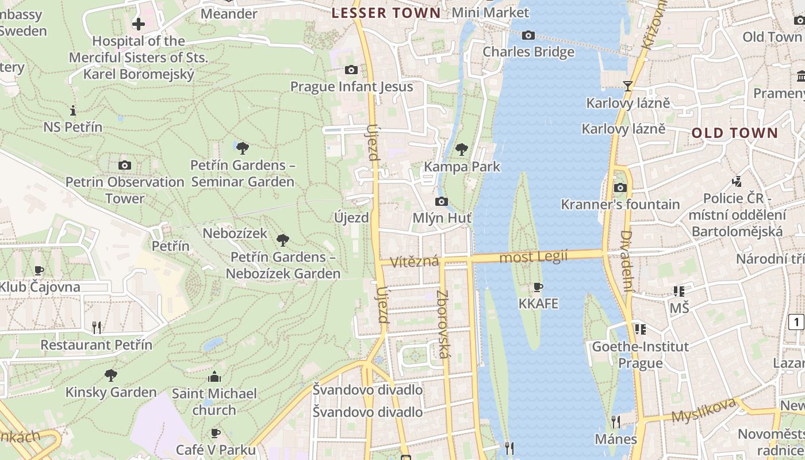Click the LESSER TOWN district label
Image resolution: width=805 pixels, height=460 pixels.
coord(386,13)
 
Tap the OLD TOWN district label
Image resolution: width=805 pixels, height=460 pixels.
coord(734,133)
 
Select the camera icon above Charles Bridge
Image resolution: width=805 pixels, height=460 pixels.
coord(528,36)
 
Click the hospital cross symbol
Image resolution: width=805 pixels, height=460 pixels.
coord(139,24)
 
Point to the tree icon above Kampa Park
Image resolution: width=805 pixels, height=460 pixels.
coord(461,149)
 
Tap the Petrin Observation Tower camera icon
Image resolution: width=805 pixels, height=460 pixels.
coord(124,166)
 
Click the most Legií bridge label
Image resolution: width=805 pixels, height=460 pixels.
coord(533,256)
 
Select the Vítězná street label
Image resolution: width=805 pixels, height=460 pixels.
coord(414,262)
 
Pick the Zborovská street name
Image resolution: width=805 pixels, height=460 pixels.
coord(442,324)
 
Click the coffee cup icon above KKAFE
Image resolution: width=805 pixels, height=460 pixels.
coord(538,286)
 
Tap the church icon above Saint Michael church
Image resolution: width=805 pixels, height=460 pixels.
coord(214,377)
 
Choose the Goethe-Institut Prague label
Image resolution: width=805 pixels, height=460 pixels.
coord(640,355)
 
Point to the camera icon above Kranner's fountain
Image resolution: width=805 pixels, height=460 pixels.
coord(620,187)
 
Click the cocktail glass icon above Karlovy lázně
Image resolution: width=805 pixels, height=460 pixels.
coord(627,86)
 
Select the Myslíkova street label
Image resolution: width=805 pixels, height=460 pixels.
coord(703,411)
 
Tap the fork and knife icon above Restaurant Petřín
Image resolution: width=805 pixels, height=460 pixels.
coord(97,328)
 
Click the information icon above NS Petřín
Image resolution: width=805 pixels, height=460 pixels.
coord(73,110)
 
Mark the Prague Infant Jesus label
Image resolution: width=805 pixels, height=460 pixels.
coord(351,87)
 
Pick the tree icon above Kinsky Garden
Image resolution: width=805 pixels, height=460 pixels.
coord(111,375)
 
